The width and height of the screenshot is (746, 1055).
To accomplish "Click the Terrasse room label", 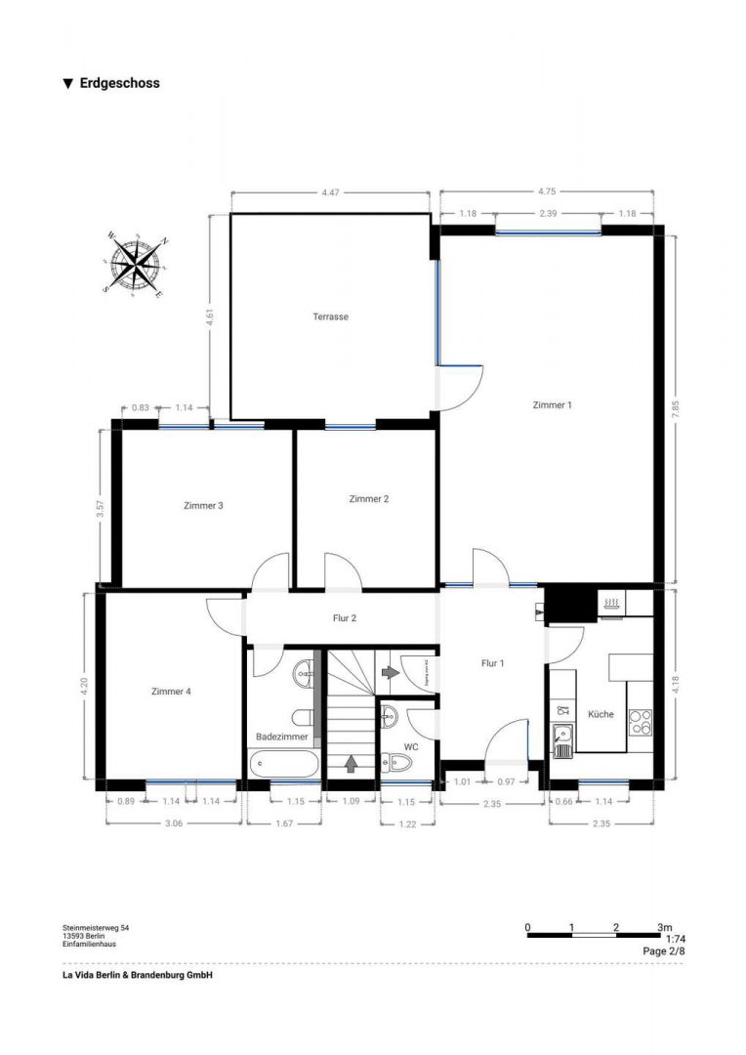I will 330,316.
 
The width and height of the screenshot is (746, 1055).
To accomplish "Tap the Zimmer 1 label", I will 552,404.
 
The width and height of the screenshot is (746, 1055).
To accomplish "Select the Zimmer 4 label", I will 171,691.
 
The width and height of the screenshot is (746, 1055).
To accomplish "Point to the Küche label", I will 601,714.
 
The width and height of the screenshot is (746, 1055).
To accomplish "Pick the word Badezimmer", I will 282,736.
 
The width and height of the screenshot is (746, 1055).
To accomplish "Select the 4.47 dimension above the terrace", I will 330,193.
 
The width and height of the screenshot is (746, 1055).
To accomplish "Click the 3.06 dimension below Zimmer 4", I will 174,823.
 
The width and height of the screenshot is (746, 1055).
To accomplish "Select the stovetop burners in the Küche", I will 640,721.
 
